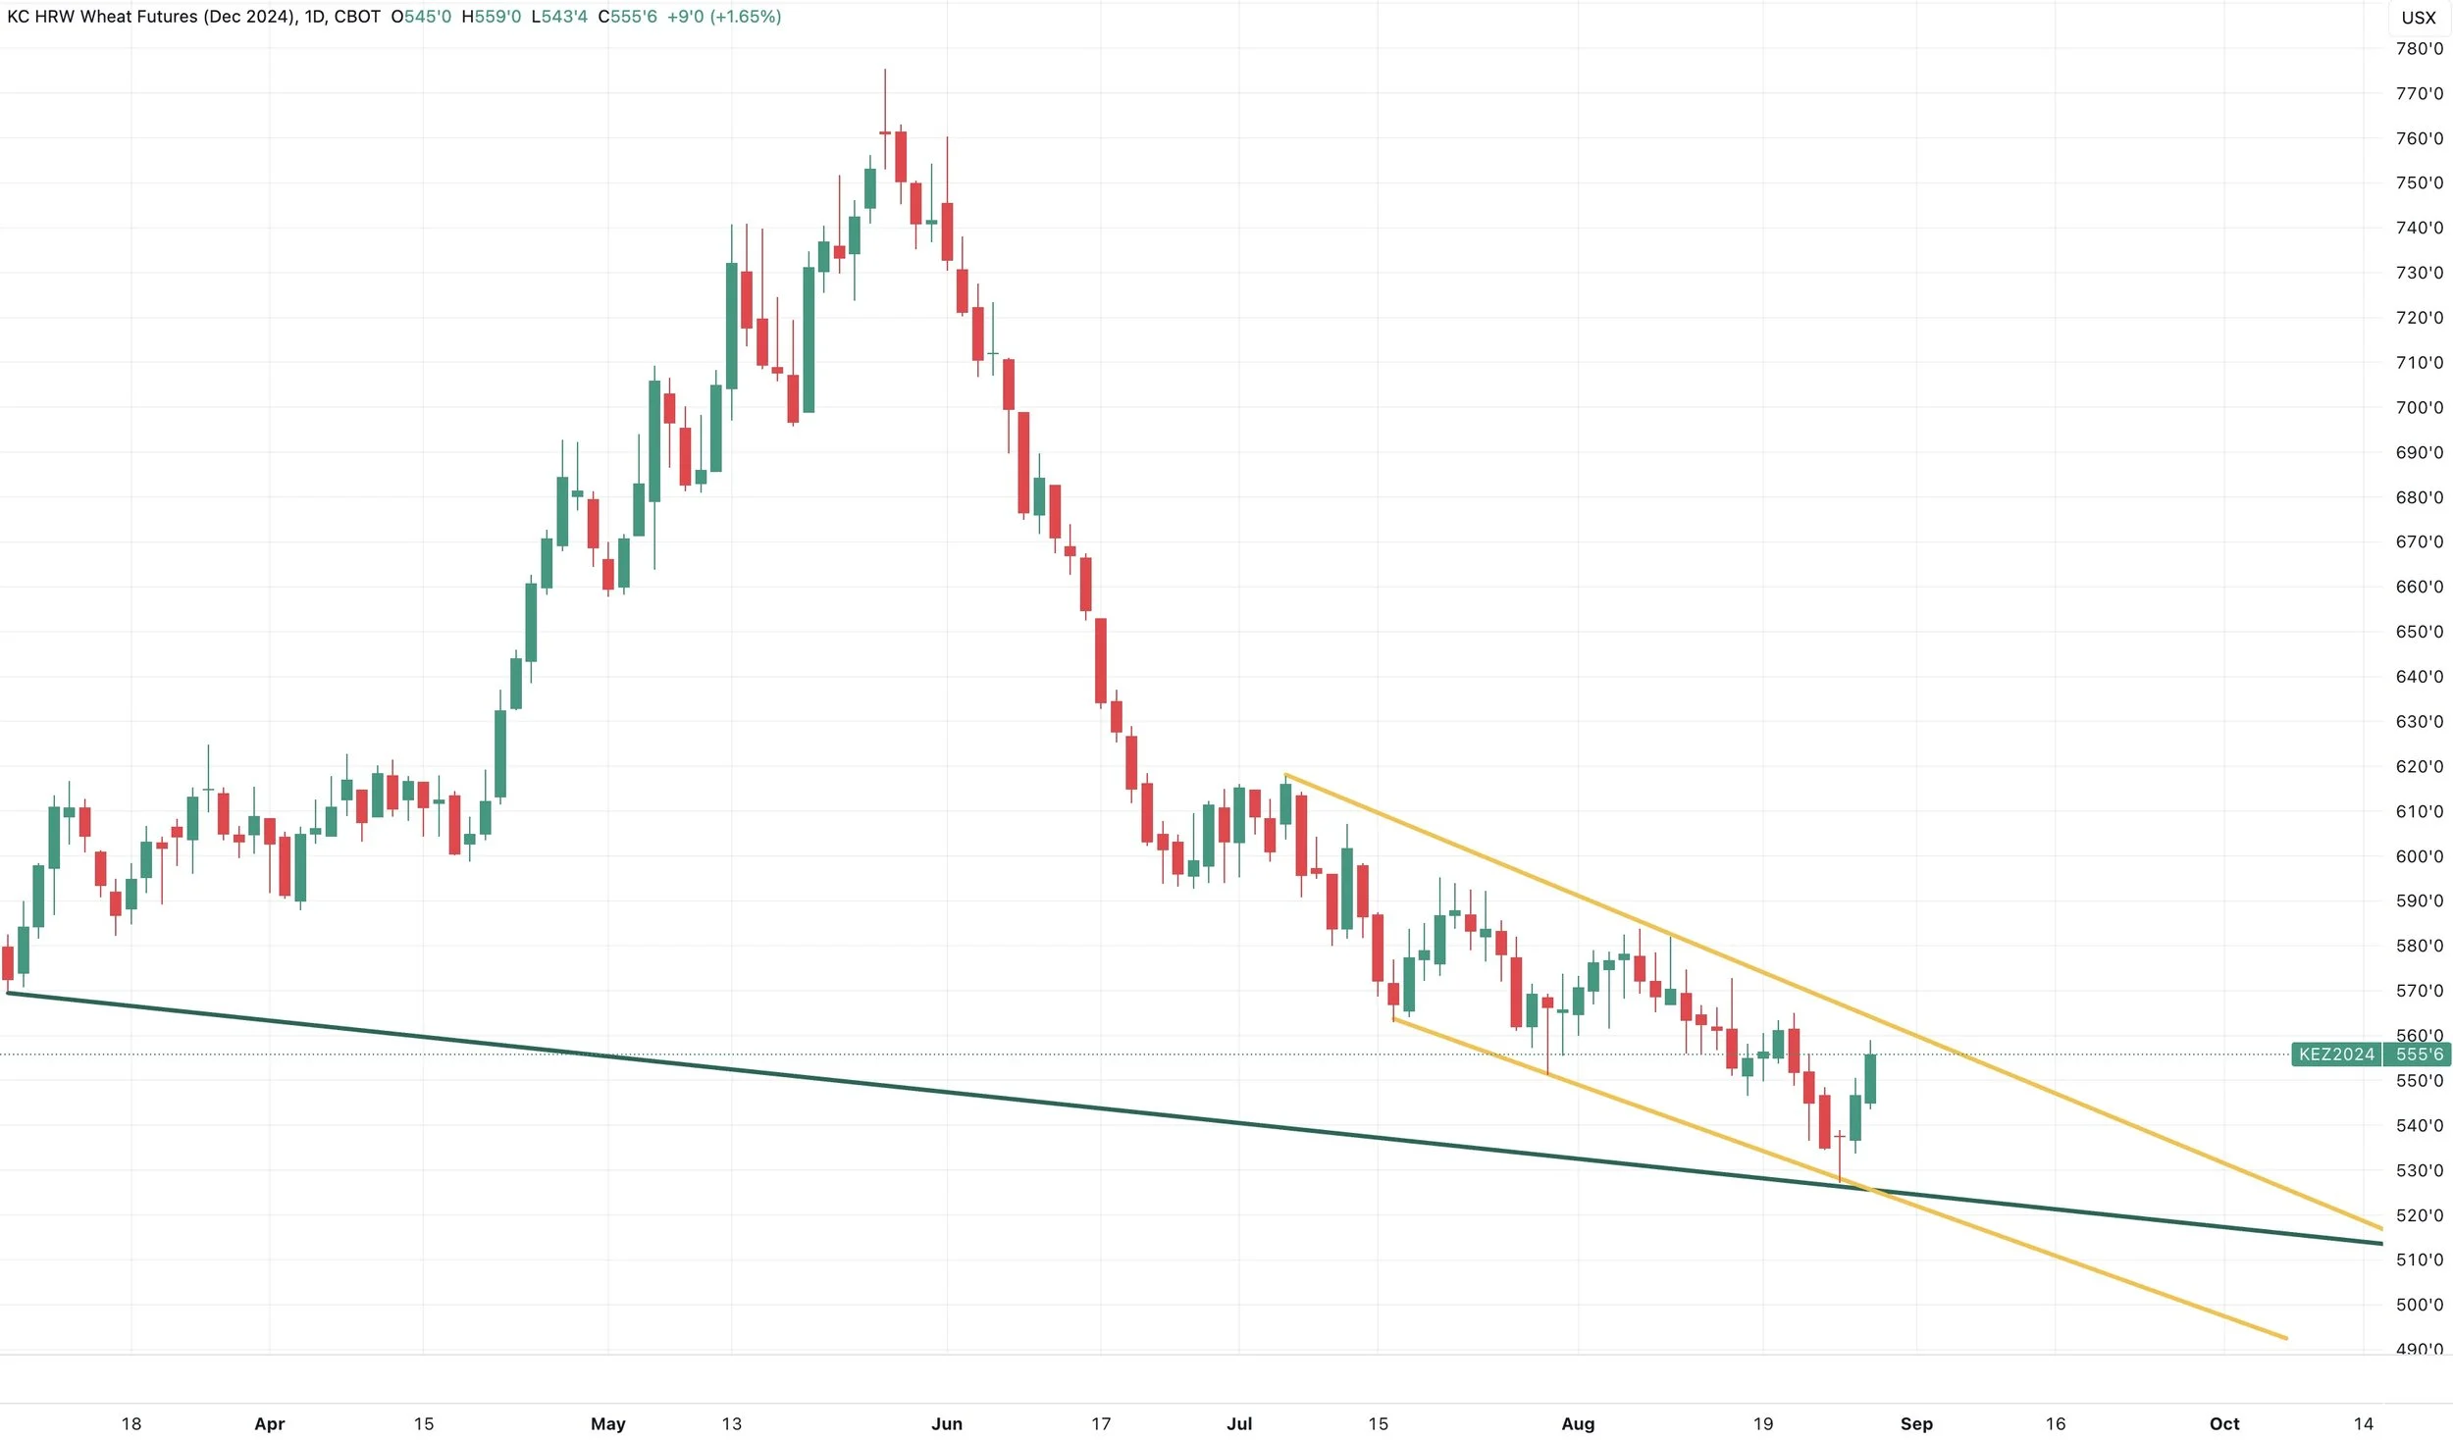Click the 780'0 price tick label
pyautogui.click(x=2419, y=49)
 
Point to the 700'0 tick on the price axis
pyautogui.click(x=2419, y=407)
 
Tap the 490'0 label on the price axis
pyautogui.click(x=2419, y=1349)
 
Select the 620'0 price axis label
pyautogui.click(x=2419, y=766)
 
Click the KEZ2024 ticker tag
pyautogui.click(x=2336, y=1054)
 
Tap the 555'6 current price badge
pyautogui.click(x=2419, y=1054)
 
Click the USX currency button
pyautogui.click(x=2419, y=18)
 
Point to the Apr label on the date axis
pyautogui.click(x=270, y=1423)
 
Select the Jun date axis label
pyautogui.click(x=947, y=1423)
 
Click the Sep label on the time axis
pyautogui.click(x=1916, y=1423)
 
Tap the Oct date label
pyautogui.click(x=2224, y=1423)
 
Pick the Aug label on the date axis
pyautogui.click(x=1578, y=1423)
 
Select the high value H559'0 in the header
pyautogui.click(x=492, y=17)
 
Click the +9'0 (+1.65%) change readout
pyautogui.click(x=724, y=17)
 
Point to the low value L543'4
pyautogui.click(x=559, y=17)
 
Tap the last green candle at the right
pyautogui.click(x=1871, y=1079)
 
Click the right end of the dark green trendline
pyautogui.click(x=2382, y=1244)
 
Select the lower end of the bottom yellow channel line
pyautogui.click(x=2287, y=1338)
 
